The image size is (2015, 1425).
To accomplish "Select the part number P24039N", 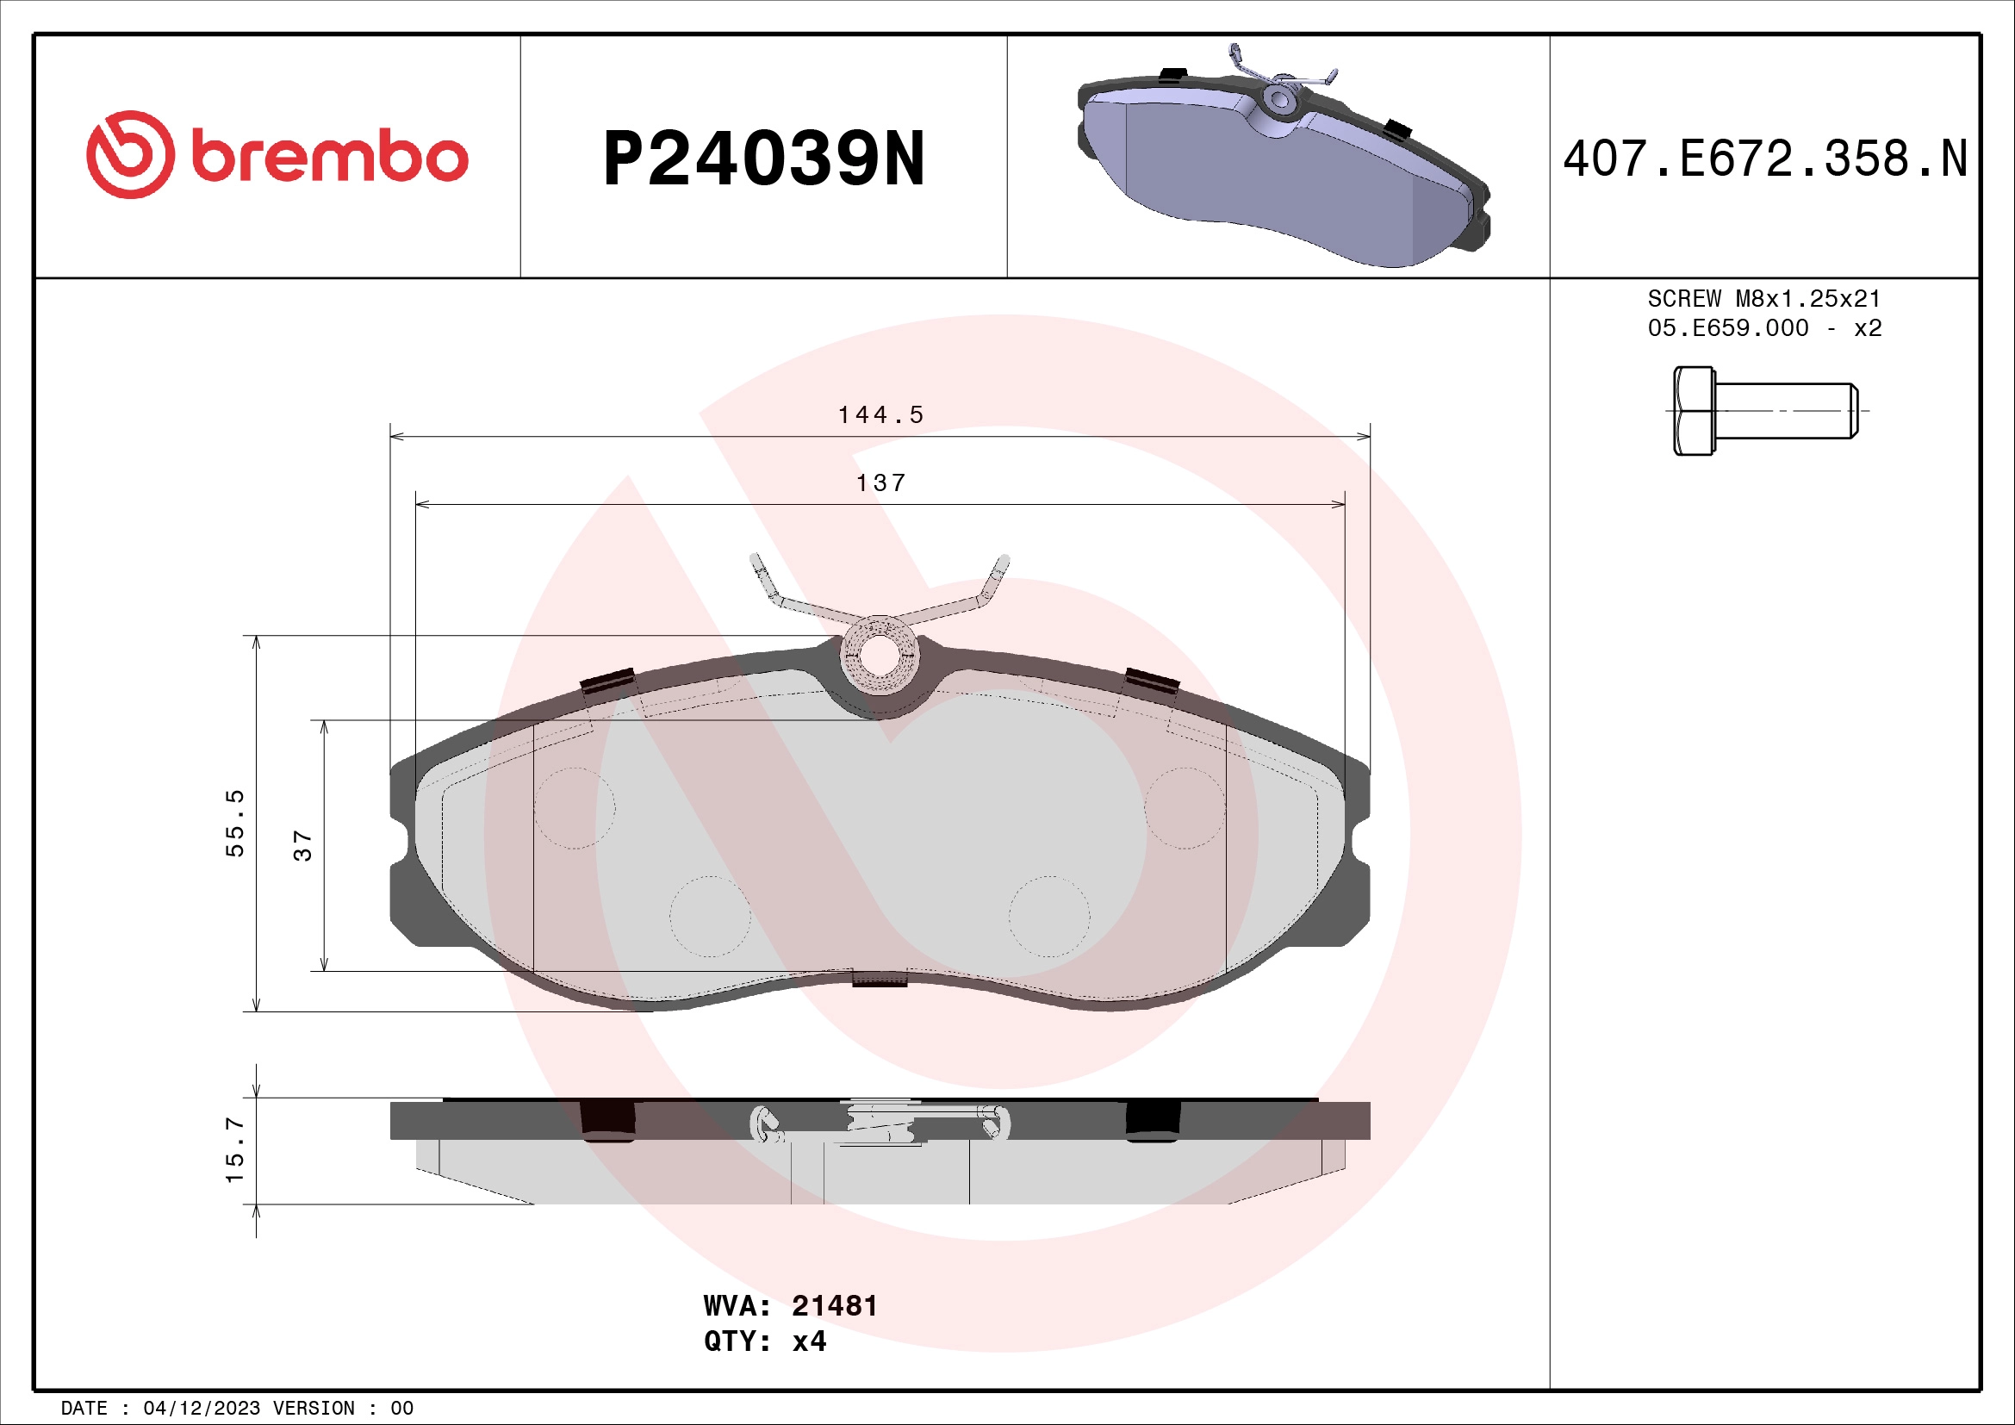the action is click(x=763, y=159).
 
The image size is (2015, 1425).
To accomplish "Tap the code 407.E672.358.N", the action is click(x=1765, y=159).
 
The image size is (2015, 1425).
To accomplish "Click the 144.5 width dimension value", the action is click(x=880, y=415).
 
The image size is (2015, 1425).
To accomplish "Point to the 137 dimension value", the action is click(x=880, y=483).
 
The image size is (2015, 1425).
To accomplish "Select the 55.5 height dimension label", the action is click(x=234, y=823).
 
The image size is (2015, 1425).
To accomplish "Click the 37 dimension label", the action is click(x=302, y=846).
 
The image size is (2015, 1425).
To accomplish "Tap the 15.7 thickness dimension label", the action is click(x=234, y=1149).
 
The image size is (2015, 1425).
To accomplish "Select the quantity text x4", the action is click(x=809, y=1341).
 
